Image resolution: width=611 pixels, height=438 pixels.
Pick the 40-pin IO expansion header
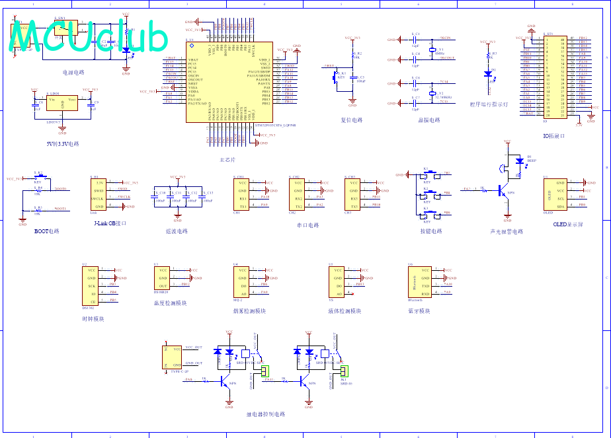[554, 76]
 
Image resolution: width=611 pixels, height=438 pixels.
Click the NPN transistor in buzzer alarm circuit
[506, 192]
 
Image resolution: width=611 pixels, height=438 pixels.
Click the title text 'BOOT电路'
[47, 232]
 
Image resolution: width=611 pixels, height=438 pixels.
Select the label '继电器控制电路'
[265, 414]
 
